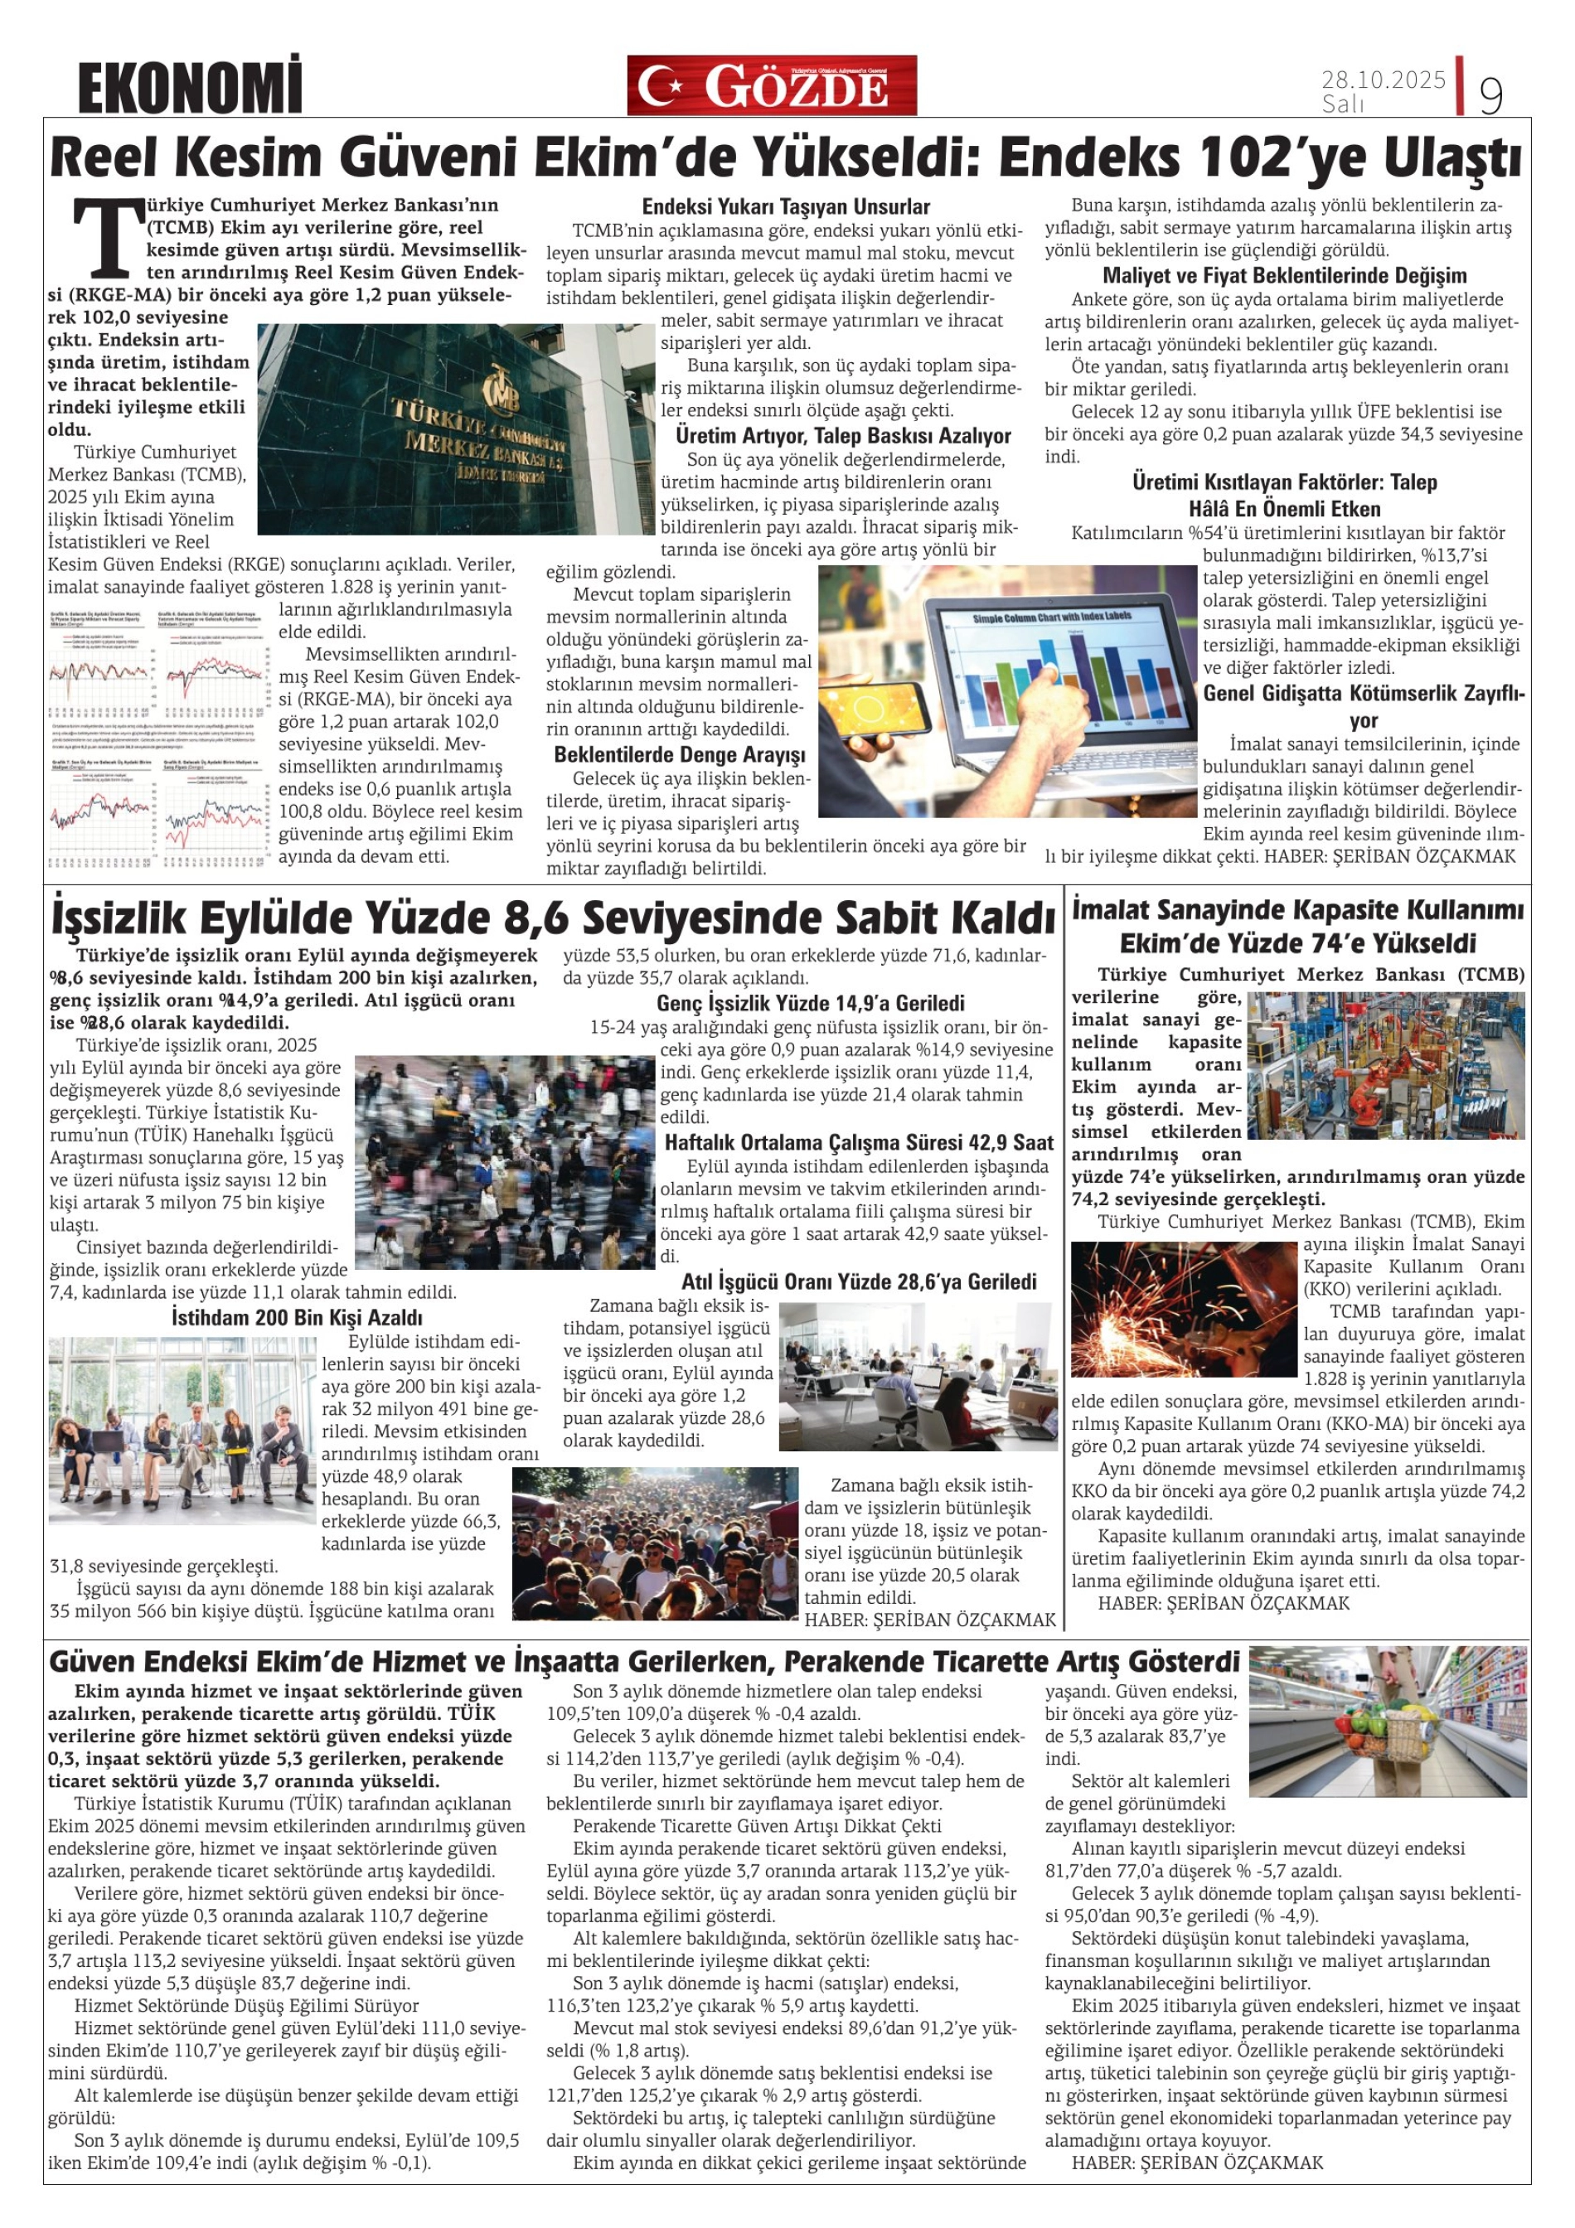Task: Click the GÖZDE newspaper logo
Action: pos(772,86)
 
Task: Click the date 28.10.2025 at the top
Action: pos(1383,80)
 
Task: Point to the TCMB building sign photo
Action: pos(456,429)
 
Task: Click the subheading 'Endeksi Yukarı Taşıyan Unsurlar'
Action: pos(785,206)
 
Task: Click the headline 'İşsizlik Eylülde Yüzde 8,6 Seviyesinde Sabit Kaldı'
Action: pos(552,917)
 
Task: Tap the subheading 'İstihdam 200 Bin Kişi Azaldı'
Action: pos(296,1318)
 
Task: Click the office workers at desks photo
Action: pos(917,1376)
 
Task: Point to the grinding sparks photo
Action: pos(1183,1308)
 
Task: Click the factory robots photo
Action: pos(1385,1064)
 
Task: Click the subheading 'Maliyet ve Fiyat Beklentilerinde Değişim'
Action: pos(1285,275)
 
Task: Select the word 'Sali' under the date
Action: pos(1342,104)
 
